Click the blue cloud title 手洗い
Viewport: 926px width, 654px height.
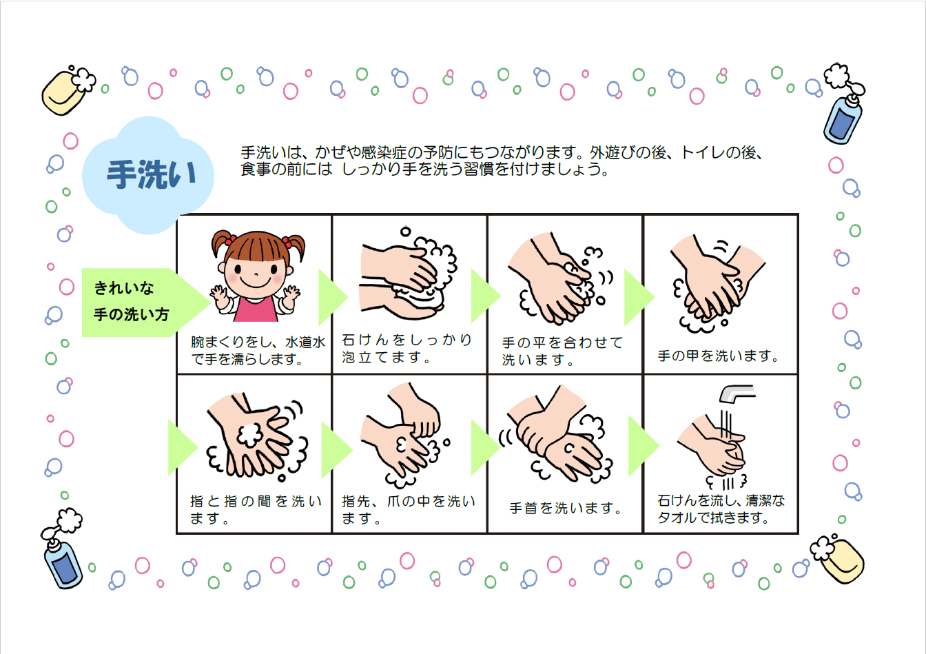[152, 174]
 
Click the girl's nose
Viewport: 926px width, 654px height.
[256, 274]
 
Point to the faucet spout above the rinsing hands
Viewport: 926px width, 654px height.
[737, 393]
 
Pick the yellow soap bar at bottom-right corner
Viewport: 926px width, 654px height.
[842, 561]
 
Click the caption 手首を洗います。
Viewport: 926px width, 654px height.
[566, 508]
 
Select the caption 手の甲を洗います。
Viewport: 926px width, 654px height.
[718, 356]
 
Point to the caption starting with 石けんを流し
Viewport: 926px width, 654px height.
[721, 509]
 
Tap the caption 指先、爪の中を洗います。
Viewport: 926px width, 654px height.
[409, 509]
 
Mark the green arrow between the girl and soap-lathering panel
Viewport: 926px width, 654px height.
[332, 296]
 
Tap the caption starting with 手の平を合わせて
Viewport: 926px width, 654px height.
[562, 351]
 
